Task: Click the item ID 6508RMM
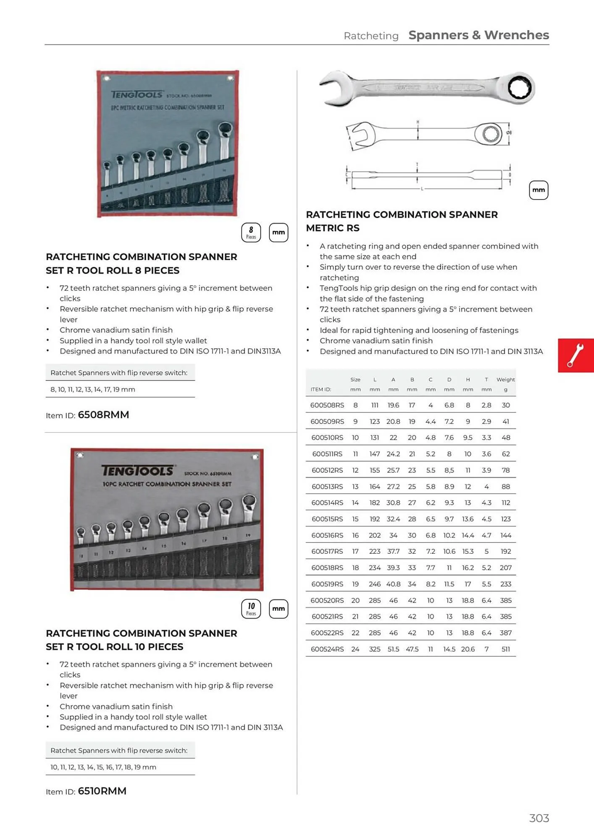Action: (103, 415)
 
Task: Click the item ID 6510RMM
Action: (102, 791)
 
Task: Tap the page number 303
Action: (539, 818)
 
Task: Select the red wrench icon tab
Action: (576, 355)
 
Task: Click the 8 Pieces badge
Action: (251, 232)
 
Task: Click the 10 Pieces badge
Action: (251, 609)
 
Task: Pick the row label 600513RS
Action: (327, 487)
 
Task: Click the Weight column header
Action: (505, 380)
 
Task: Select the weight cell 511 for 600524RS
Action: (505, 649)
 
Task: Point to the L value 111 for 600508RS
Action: (374, 405)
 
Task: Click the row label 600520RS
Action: (327, 600)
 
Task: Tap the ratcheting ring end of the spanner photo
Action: (519, 88)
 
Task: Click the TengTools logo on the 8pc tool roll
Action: (137, 95)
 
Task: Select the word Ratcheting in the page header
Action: (371, 36)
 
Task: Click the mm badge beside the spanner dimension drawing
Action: (538, 190)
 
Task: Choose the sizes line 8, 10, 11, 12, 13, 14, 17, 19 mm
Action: (93, 389)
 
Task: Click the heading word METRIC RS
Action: (333, 228)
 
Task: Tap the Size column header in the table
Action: (355, 380)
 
